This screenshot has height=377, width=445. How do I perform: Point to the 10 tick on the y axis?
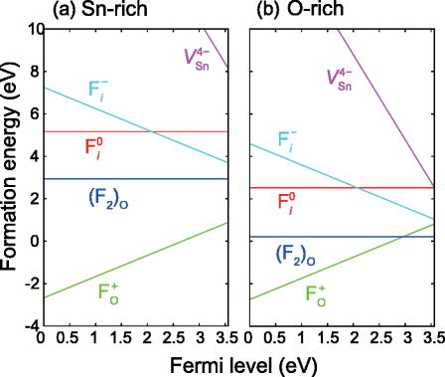28,29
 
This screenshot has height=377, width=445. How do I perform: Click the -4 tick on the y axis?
28,326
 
